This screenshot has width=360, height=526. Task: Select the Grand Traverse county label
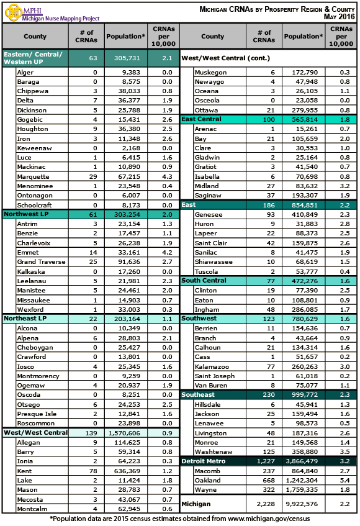click(x=42, y=262)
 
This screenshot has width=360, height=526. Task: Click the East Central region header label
click(x=202, y=119)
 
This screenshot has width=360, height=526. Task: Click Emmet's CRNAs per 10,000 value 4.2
click(x=163, y=252)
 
